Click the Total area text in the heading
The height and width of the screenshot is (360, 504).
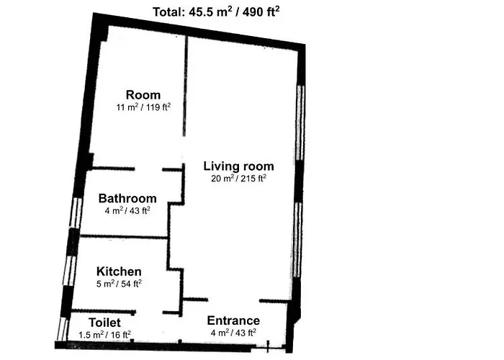tap(216, 12)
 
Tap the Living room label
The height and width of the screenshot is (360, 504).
tap(239, 166)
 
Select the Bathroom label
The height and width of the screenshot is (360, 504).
tap(127, 198)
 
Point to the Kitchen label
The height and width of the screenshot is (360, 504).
tap(119, 271)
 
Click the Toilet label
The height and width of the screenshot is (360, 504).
tap(104, 323)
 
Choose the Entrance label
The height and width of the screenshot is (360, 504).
tap(233, 320)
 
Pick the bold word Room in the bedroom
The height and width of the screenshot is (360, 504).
tap(143, 95)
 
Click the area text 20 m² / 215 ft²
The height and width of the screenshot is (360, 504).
tap(238, 178)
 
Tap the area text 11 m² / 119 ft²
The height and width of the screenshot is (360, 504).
tap(143, 107)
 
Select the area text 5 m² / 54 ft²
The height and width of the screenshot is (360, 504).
tap(120, 284)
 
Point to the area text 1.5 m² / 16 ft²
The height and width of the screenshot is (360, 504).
tap(105, 335)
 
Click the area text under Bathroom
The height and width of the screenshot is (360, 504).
tap(127, 210)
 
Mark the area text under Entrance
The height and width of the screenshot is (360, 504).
tap(233, 333)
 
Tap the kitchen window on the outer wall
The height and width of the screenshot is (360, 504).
tap(69, 270)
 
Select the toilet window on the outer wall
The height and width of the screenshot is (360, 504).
tap(63, 329)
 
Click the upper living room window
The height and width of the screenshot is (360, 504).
tap(300, 122)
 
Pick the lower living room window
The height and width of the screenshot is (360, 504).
tap(297, 240)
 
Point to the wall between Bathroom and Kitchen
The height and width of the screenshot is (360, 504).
tap(123, 237)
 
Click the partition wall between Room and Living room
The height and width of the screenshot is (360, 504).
tap(185, 86)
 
